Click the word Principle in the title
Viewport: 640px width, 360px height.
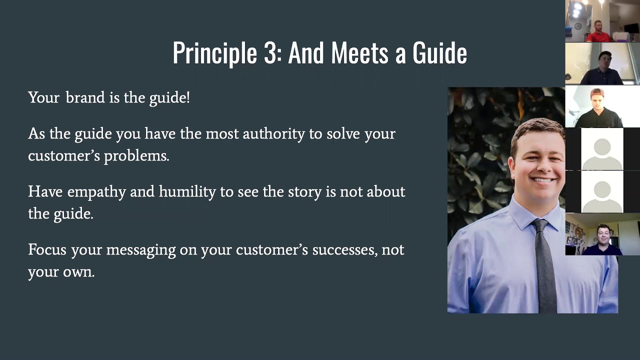point(215,53)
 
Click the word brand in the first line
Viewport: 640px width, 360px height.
point(84,97)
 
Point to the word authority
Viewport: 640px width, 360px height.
point(273,134)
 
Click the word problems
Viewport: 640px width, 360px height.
point(136,156)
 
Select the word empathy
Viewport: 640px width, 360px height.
point(96,192)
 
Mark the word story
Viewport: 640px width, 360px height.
point(304,192)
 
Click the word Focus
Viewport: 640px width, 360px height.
point(47,249)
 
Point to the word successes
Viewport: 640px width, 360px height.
point(344,249)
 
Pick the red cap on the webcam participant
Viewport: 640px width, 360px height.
point(597,93)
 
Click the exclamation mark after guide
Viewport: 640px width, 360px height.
point(188,97)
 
